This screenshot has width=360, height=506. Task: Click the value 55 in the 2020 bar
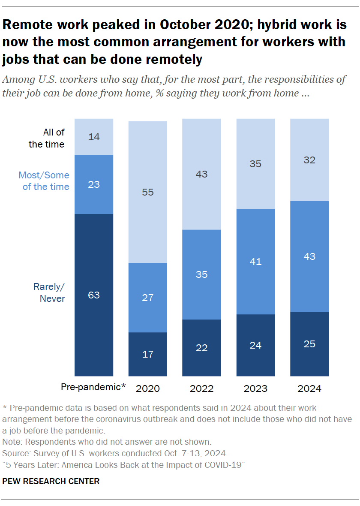click(x=148, y=192)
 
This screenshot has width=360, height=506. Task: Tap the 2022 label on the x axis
click(x=202, y=389)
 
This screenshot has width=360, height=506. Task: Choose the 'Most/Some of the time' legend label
click(x=44, y=181)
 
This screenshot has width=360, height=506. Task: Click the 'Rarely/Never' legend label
click(x=49, y=292)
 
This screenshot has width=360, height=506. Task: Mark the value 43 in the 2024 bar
click(x=309, y=256)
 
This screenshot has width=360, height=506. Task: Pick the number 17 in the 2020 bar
click(x=148, y=354)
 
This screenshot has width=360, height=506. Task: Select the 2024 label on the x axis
click(x=310, y=389)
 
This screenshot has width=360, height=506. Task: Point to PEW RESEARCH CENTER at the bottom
click(x=51, y=481)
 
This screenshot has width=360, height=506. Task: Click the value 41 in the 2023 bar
click(x=255, y=262)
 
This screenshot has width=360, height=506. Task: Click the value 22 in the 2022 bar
click(x=202, y=348)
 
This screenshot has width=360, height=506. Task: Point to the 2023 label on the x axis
click(x=256, y=389)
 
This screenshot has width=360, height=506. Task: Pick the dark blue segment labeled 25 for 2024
click(x=309, y=344)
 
